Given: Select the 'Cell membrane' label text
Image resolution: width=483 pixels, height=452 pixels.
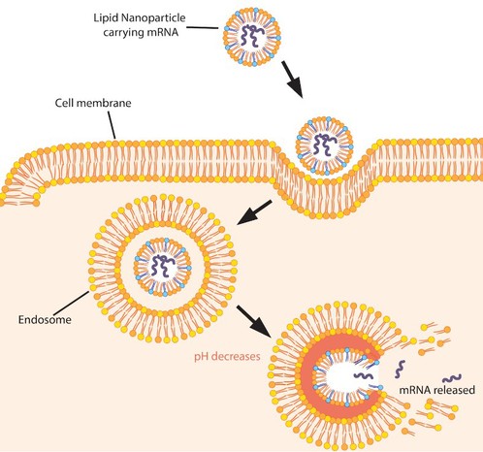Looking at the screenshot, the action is click(93, 103).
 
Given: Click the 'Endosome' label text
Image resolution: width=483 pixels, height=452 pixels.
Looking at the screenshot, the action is click(45, 320).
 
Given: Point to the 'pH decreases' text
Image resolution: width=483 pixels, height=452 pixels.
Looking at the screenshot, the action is click(227, 357).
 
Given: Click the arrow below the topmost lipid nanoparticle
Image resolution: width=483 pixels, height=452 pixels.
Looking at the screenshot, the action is click(292, 80).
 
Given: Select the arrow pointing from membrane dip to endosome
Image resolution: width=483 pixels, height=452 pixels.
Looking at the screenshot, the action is click(254, 212).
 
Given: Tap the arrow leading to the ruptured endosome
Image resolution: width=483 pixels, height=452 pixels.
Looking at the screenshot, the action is click(254, 321).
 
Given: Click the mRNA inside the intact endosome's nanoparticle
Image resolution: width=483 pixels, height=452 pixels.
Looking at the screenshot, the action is click(163, 266).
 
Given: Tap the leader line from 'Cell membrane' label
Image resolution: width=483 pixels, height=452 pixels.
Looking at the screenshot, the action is click(112, 125).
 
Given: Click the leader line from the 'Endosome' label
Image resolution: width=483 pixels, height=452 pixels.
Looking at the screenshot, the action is click(71, 303).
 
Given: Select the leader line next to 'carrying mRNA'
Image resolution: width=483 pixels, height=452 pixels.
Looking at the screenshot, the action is click(203, 27).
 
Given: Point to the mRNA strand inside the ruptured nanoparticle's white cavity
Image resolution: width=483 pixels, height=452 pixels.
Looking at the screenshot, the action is click(364, 375).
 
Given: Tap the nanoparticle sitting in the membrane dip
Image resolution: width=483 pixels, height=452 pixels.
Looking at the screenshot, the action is click(325, 145).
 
